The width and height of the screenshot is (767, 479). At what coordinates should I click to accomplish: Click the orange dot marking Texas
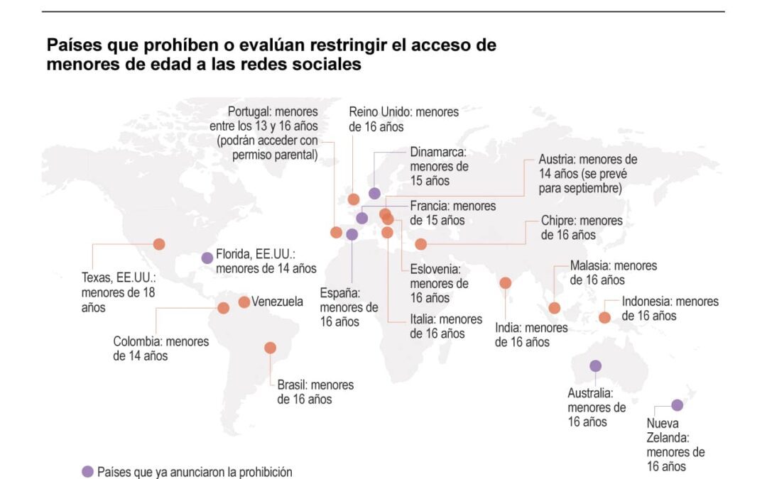click(x=159, y=244)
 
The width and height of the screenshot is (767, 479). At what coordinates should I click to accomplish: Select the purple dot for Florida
click(x=207, y=258)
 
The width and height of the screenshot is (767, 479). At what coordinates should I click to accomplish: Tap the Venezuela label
click(x=277, y=302)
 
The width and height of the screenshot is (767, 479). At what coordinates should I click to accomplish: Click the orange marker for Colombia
click(x=223, y=308)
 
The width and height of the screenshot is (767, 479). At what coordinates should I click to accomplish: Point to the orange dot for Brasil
click(x=270, y=348)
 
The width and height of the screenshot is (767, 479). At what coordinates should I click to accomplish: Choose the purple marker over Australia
click(x=595, y=366)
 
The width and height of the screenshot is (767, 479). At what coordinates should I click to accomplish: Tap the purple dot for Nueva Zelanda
click(x=677, y=405)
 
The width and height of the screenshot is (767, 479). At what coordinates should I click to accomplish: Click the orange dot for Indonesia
click(x=604, y=317)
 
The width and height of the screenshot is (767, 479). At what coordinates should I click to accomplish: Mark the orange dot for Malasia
click(x=555, y=308)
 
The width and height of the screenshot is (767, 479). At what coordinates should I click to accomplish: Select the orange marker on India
click(x=505, y=283)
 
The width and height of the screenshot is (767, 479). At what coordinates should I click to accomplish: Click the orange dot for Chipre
click(x=420, y=244)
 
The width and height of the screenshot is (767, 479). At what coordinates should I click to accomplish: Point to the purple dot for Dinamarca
click(x=374, y=194)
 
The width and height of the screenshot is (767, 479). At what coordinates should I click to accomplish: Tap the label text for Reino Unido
click(x=403, y=119)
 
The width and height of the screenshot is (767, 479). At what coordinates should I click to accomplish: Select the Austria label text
click(x=587, y=174)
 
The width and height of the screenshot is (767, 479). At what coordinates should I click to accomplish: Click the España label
click(x=349, y=307)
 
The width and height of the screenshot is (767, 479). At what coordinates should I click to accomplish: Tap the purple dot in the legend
click(x=88, y=472)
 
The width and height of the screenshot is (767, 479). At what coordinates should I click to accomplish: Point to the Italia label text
click(x=446, y=326)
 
